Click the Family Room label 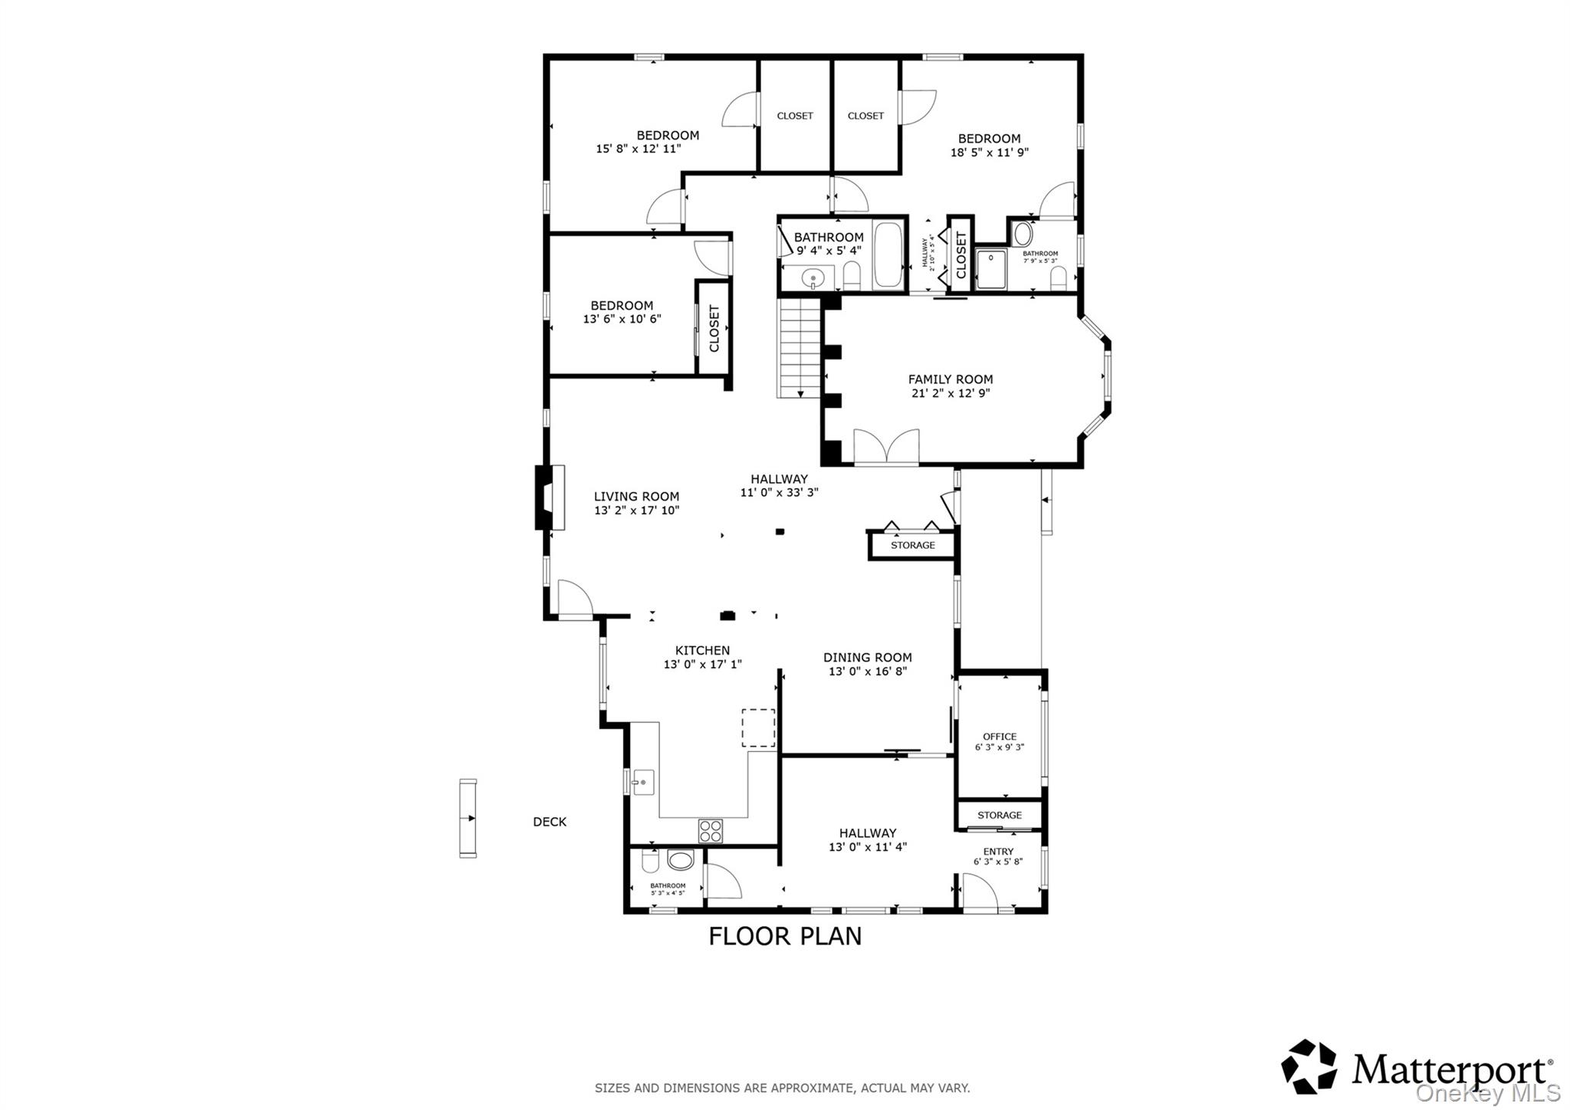coord(950,379)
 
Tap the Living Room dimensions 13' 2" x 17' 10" coord(636,511)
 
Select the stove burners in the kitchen coord(710,830)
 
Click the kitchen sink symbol coord(642,783)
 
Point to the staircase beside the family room coord(799,349)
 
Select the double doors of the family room coord(886,448)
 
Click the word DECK coord(550,822)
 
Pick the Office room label coord(1000,737)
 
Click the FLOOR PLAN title coord(785,936)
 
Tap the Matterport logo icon coord(1309,1066)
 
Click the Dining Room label coord(867,658)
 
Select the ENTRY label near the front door coord(998,852)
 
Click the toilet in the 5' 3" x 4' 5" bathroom coord(650,862)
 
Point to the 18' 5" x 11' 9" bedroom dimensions coord(989,153)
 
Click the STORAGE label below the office coord(999,816)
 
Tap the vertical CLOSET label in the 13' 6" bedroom coord(714,329)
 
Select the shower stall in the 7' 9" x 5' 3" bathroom coord(991,270)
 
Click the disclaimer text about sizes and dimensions coord(782,1088)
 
